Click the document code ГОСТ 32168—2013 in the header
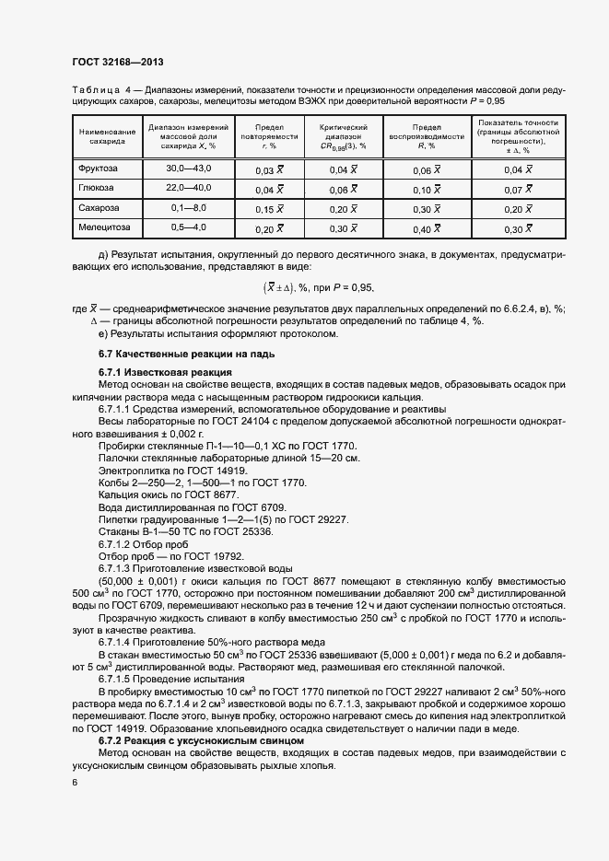pyautogui.click(x=118, y=63)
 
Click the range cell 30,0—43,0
pyautogui.click(x=189, y=169)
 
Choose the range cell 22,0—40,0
pyautogui.click(x=189, y=188)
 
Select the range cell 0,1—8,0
pyautogui.click(x=189, y=208)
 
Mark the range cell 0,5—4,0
pyautogui.click(x=189, y=227)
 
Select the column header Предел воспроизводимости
pyautogui.click(x=427, y=135)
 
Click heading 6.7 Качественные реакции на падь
pyautogui.click(x=176, y=355)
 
